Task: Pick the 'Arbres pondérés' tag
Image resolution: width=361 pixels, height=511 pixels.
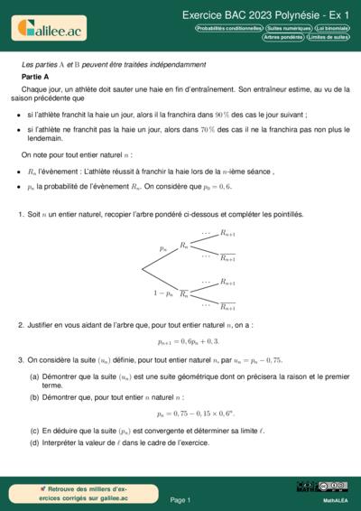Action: pyautogui.click(x=283, y=37)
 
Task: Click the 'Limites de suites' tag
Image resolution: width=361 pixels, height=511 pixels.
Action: pyautogui.click(x=329, y=37)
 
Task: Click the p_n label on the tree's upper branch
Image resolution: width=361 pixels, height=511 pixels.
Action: pyautogui.click(x=162, y=247)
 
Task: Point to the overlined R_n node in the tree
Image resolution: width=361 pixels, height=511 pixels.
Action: pyautogui.click(x=184, y=295)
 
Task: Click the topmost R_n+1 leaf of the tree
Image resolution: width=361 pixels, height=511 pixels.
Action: pyautogui.click(x=228, y=234)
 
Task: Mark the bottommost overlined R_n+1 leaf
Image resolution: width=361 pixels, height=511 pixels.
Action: pyautogui.click(x=228, y=308)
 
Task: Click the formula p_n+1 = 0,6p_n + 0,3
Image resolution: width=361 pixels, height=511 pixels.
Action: pyautogui.click(x=188, y=342)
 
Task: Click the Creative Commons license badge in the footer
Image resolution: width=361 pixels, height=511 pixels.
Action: pyautogui.click(x=322, y=487)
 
